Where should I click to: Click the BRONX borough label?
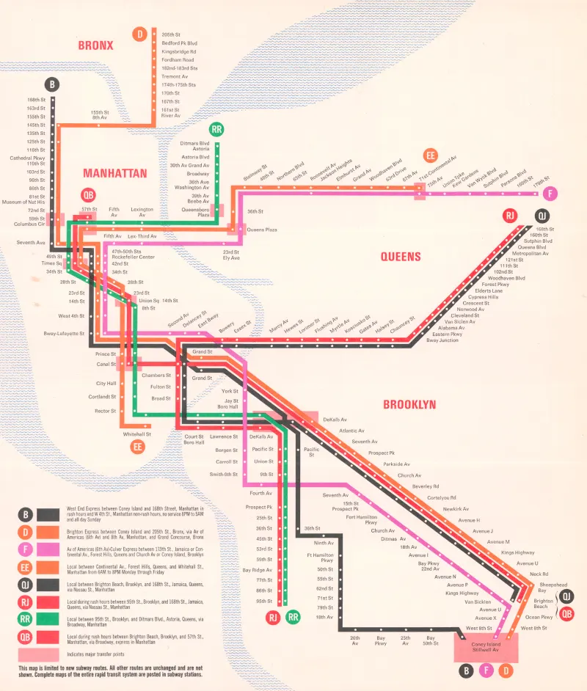coord(96,45)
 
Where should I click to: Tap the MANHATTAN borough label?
coord(115,174)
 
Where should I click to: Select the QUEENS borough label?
coord(401,257)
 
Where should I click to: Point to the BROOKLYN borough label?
coord(409,404)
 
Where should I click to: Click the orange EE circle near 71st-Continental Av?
coord(431,156)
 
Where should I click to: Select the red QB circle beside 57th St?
coord(88,196)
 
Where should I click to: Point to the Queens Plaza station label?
coord(261,230)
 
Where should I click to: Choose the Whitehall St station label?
coord(136,434)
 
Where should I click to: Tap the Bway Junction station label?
coord(442,340)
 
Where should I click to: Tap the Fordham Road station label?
coord(178,59)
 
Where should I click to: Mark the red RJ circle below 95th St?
coord(274,617)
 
